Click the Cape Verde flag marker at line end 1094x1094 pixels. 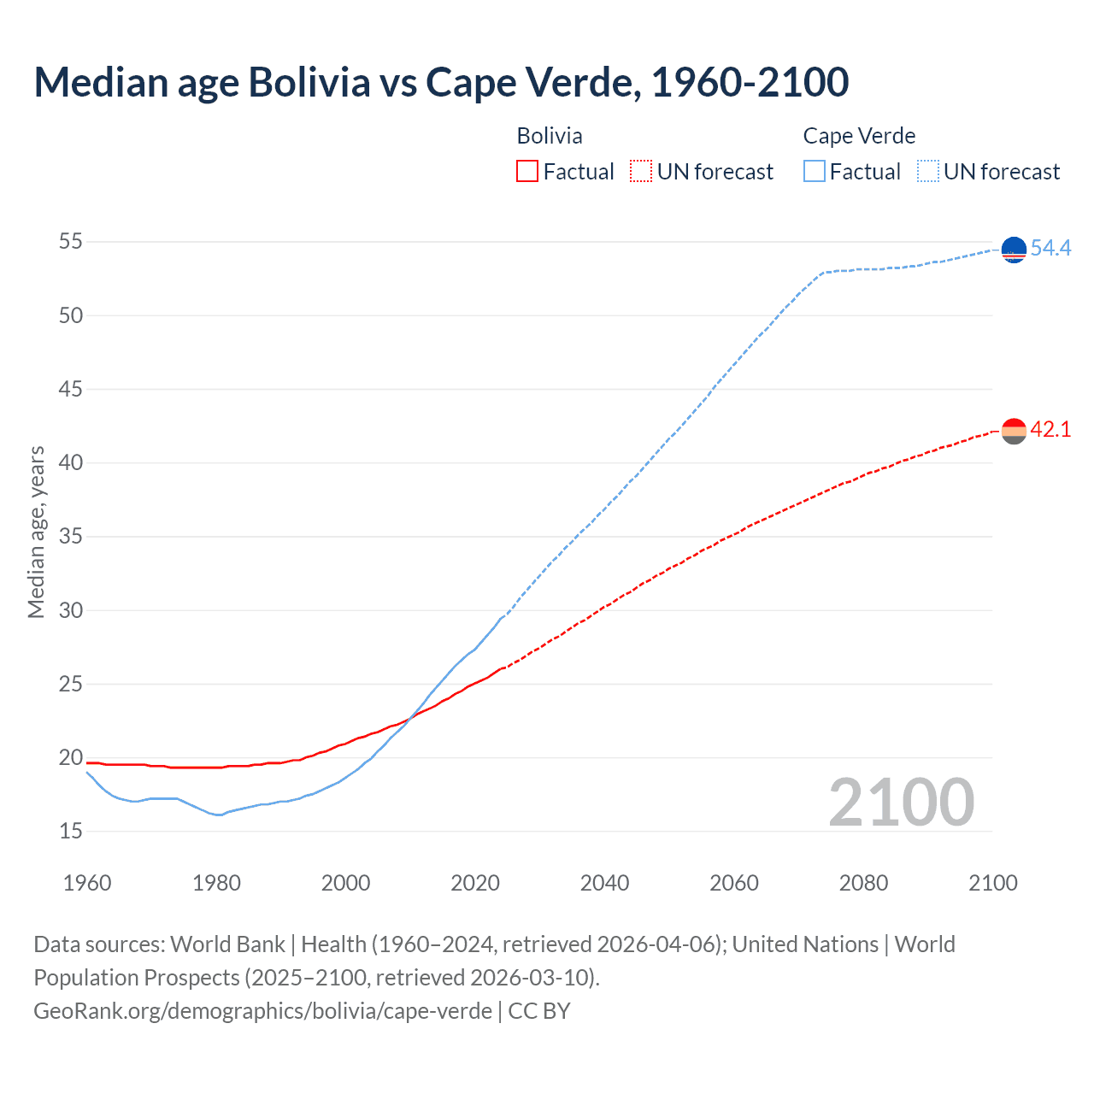coord(1014,250)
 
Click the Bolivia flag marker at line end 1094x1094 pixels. coord(1014,432)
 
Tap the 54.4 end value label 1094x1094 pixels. coord(1050,248)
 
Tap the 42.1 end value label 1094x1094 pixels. coord(1050,429)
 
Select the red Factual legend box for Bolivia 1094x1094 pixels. coord(527,172)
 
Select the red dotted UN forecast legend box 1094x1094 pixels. coord(641,172)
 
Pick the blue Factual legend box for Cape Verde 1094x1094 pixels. coord(815,172)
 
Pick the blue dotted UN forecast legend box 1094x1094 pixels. coord(927,172)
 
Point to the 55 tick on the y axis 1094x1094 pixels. coord(71,242)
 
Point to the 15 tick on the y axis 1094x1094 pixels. coord(71,831)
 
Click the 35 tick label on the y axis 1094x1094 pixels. coord(71,537)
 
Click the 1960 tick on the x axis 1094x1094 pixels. coord(87,883)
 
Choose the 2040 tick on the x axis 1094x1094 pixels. coord(604,883)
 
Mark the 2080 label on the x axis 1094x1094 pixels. coord(863,883)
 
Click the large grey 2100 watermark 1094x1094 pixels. coord(901,802)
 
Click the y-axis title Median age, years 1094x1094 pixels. coord(36,532)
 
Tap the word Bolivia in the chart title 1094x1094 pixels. coord(309,82)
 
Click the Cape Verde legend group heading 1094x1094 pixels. coord(859,136)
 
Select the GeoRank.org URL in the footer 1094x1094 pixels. coord(262,1011)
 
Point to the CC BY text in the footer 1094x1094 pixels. coord(539,1011)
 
